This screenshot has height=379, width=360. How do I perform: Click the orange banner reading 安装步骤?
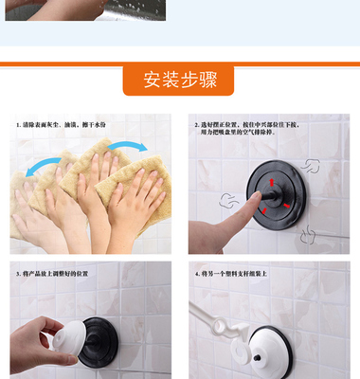(179, 80)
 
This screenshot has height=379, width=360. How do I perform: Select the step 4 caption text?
(233, 274)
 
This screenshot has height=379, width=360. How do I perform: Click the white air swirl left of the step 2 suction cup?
(227, 200)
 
